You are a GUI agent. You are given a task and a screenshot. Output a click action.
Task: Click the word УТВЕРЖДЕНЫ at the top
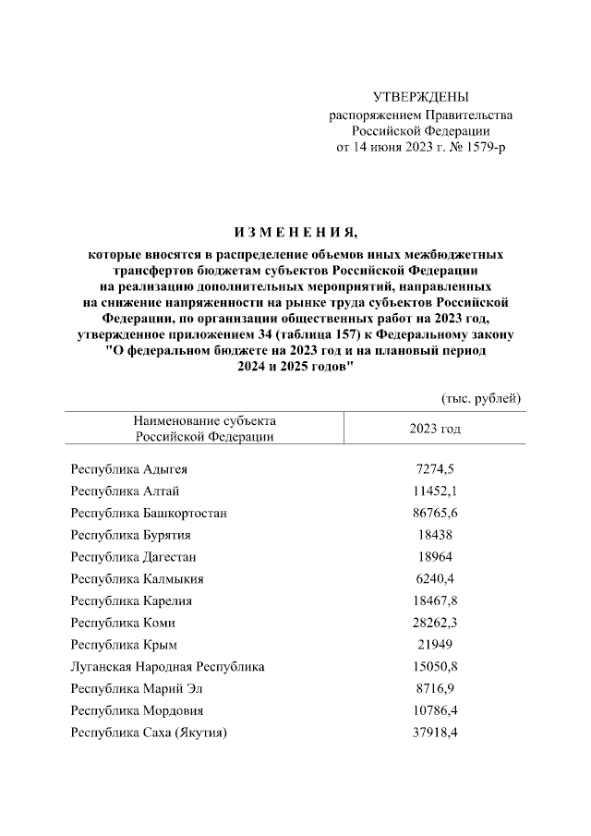[420, 97]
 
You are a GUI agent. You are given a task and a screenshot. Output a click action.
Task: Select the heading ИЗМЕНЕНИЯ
[295, 231]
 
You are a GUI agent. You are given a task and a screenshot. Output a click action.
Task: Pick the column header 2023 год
[435, 430]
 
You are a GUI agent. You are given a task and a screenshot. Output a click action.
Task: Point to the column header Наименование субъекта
[204, 421]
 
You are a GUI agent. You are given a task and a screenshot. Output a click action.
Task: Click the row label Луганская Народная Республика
[167, 667]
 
